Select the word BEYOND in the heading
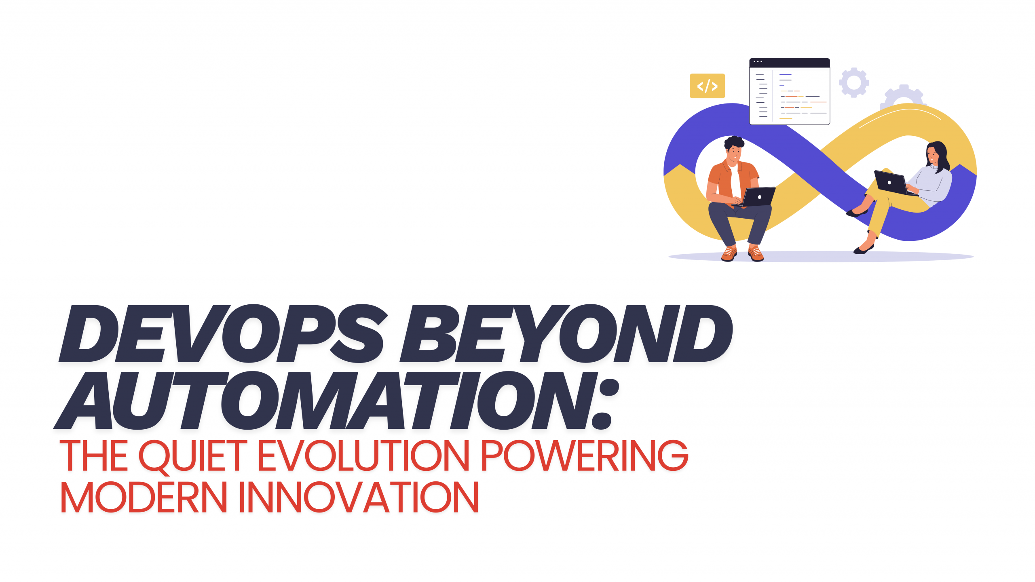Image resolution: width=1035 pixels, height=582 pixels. [x=566, y=333]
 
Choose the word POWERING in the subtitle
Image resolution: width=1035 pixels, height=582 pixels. [x=585, y=455]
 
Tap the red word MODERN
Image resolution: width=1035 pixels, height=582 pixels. [x=144, y=497]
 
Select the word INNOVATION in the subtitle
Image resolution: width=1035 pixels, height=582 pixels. [x=359, y=497]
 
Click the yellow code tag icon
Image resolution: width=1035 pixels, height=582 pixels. [x=707, y=86]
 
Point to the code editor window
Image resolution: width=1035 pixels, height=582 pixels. [x=790, y=91]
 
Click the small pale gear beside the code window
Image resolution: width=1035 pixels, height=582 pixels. [x=854, y=82]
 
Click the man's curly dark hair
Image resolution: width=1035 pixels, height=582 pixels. [x=734, y=143]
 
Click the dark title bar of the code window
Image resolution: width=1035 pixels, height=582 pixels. [x=790, y=63]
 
